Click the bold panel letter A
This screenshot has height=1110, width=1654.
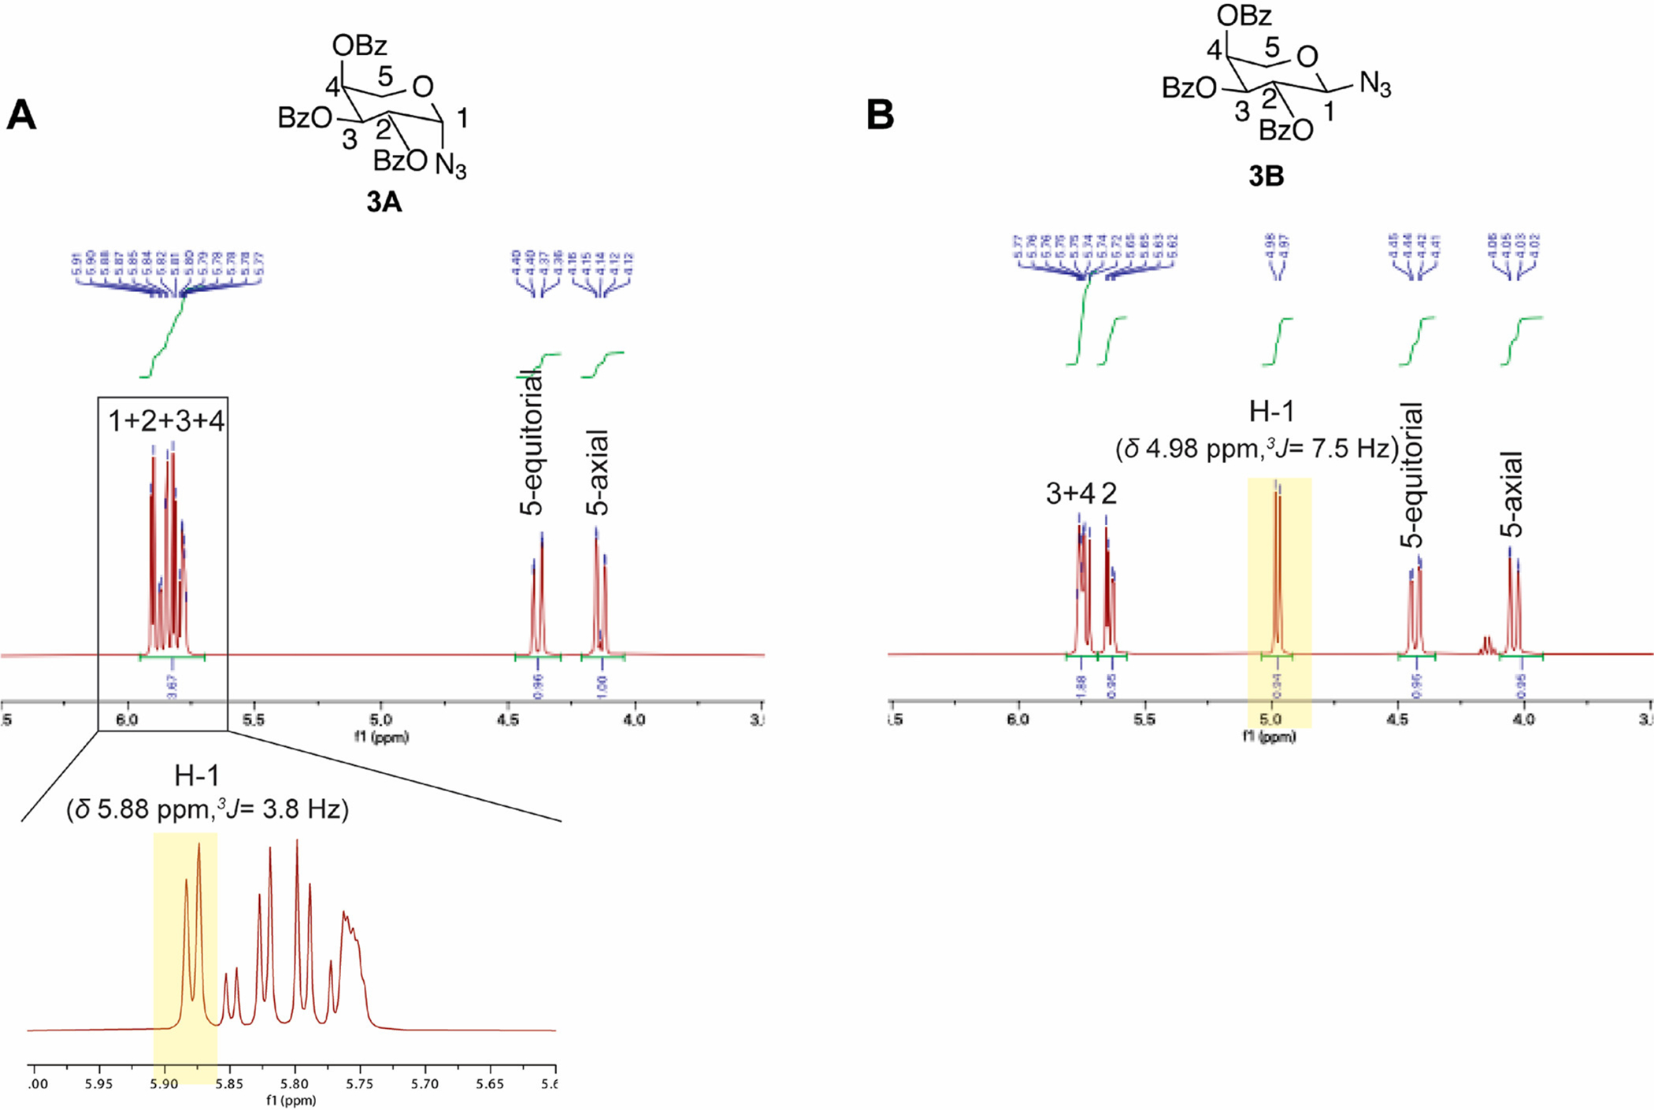[x=21, y=116]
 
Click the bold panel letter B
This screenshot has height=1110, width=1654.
[x=880, y=115]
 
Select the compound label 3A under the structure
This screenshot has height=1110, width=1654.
[x=384, y=203]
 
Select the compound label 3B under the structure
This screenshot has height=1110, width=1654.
[x=1266, y=176]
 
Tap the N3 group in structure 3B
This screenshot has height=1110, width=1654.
[x=1374, y=83]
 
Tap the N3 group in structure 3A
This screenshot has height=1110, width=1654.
[x=451, y=166]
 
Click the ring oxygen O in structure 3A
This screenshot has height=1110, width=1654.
[x=423, y=87]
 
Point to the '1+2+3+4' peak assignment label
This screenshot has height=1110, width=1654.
[x=166, y=421]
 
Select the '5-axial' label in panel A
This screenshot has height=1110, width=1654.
[x=599, y=472]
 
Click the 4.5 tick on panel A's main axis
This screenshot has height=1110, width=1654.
[x=508, y=720]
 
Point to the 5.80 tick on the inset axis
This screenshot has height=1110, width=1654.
[x=295, y=1084]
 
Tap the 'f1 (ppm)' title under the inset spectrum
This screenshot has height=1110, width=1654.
[x=291, y=1100]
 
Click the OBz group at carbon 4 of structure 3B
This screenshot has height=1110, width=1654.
[x=1244, y=15]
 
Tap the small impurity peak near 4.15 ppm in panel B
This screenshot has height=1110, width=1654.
[x=1487, y=646]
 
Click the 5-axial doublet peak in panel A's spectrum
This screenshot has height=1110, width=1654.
[x=601, y=590]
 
